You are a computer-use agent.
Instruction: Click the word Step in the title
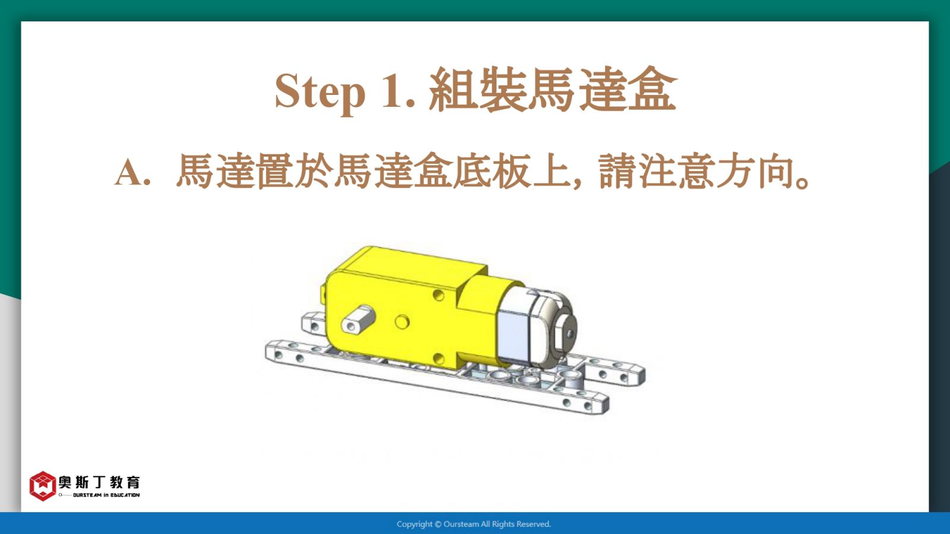(320, 92)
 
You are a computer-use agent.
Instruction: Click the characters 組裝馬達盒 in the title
(553, 90)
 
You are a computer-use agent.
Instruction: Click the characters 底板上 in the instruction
(511, 171)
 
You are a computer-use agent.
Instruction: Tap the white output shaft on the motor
(358, 318)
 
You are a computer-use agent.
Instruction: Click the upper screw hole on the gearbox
(439, 295)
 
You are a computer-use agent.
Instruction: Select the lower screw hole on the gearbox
(439, 359)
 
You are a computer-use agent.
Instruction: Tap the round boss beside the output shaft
(401, 322)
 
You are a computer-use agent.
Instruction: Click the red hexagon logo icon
(42, 486)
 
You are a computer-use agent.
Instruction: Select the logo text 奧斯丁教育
(99, 482)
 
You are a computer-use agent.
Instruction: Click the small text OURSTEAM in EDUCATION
(106, 495)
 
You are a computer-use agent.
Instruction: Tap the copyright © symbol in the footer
(438, 525)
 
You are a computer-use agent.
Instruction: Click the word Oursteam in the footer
(461, 525)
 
